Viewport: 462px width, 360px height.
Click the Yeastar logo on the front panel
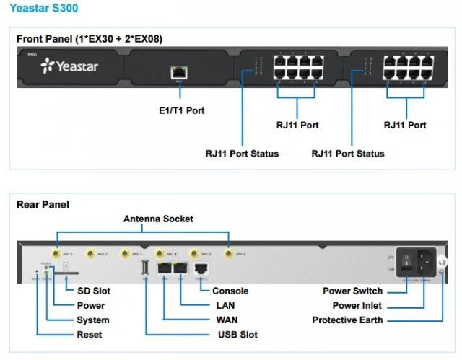(70, 67)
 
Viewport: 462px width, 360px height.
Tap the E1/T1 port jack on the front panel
(178, 71)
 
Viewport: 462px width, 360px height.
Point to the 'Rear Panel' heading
(43, 204)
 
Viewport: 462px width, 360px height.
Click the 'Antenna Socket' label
(158, 219)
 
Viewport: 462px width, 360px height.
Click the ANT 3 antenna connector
(125, 254)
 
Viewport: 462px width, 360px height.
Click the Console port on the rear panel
(200, 268)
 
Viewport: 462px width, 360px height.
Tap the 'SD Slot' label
(94, 291)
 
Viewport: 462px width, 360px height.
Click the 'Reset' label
(90, 335)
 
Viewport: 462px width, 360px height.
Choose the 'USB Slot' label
(237, 335)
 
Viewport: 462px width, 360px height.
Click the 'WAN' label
(227, 320)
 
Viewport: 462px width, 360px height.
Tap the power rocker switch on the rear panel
(408, 263)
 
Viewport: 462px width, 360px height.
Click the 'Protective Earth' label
(347, 320)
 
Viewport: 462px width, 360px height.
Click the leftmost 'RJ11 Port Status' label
(242, 153)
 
